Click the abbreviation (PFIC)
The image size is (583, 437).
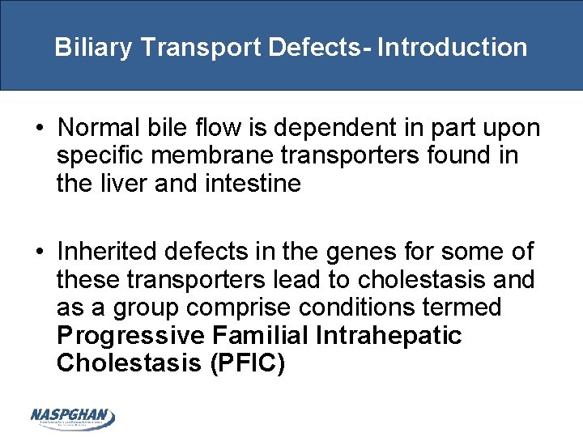tap(247, 363)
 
